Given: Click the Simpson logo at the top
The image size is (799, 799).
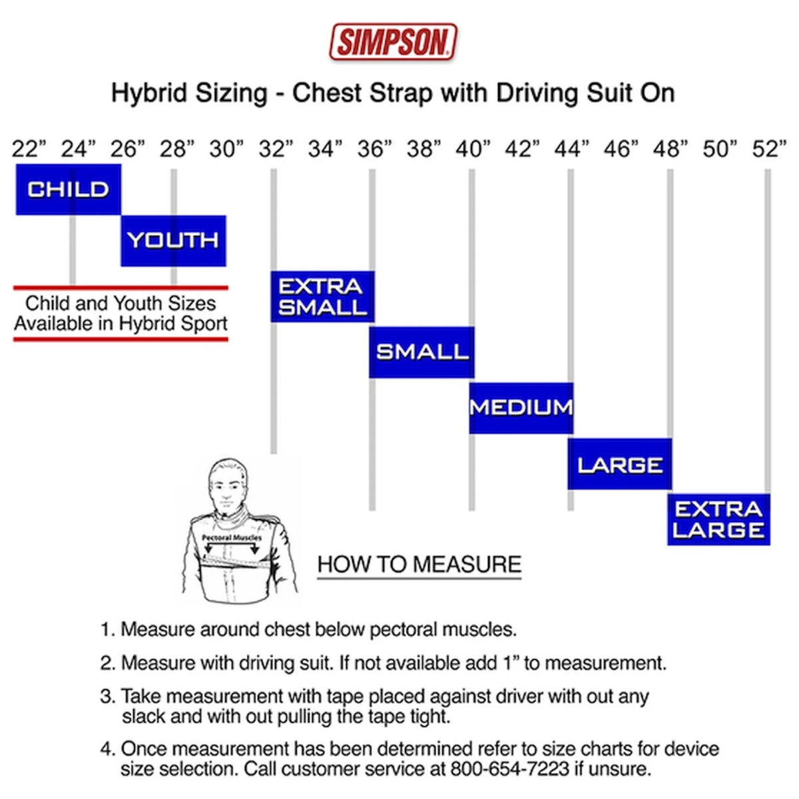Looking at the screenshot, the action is click(393, 42).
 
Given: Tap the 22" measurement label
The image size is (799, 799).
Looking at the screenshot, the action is click(29, 149).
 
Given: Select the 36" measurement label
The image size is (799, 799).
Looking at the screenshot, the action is click(374, 149).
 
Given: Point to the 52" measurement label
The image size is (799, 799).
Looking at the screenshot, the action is click(769, 149).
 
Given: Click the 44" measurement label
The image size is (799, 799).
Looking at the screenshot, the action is click(572, 149).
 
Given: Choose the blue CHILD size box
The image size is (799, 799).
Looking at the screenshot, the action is click(69, 190).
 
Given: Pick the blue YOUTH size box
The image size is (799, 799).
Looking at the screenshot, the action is click(173, 240).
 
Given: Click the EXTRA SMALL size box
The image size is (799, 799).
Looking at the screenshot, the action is click(322, 296).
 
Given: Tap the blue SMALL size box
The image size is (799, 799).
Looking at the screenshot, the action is click(421, 352).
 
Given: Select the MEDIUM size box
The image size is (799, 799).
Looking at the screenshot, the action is click(521, 408).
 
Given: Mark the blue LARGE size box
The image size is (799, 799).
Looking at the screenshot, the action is click(620, 464).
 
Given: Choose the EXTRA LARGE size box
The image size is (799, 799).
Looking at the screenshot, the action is click(718, 519).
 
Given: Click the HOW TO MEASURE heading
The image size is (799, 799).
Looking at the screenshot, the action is click(419, 564).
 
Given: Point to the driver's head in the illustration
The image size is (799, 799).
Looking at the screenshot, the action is click(228, 486).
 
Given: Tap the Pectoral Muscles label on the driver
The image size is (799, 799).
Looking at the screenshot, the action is click(232, 538).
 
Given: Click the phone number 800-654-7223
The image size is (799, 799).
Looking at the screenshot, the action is click(509, 769).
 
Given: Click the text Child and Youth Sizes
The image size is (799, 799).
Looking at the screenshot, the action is click(121, 303).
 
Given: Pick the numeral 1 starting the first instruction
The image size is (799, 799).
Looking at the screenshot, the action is click(106, 629).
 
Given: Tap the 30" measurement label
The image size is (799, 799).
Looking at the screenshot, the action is click(226, 149).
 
